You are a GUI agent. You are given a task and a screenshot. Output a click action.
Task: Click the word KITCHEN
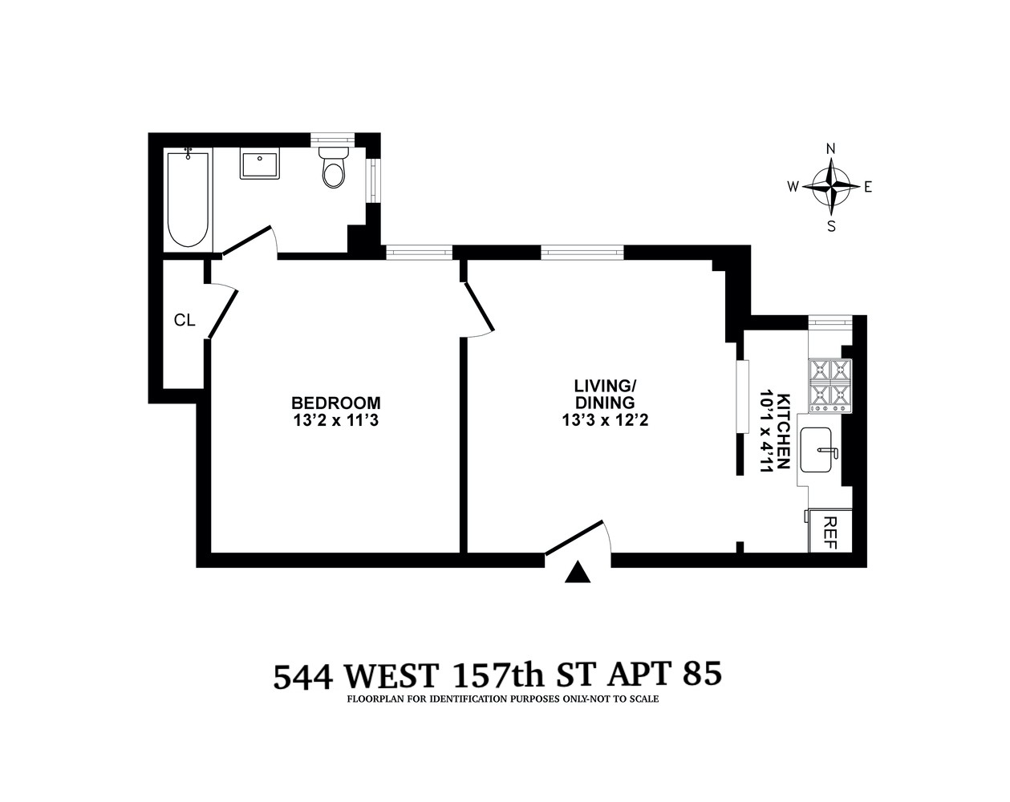click(x=785, y=431)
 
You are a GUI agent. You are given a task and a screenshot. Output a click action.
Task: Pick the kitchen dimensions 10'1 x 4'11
click(x=765, y=431)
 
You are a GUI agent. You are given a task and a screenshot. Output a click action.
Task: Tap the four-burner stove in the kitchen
click(x=830, y=385)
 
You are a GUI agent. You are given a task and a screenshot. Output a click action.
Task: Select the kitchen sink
click(x=819, y=453)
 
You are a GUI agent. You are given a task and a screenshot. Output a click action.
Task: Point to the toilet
click(x=333, y=166)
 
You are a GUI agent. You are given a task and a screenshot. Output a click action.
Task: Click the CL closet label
click(x=185, y=320)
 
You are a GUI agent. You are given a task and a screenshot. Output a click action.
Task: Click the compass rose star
click(x=832, y=187)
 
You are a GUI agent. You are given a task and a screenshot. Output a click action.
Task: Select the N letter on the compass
click(x=832, y=148)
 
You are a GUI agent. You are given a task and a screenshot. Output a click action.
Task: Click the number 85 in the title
click(x=700, y=675)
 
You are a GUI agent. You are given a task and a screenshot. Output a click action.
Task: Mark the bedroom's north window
click(x=420, y=252)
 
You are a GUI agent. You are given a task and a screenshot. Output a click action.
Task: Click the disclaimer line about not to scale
click(x=503, y=699)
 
